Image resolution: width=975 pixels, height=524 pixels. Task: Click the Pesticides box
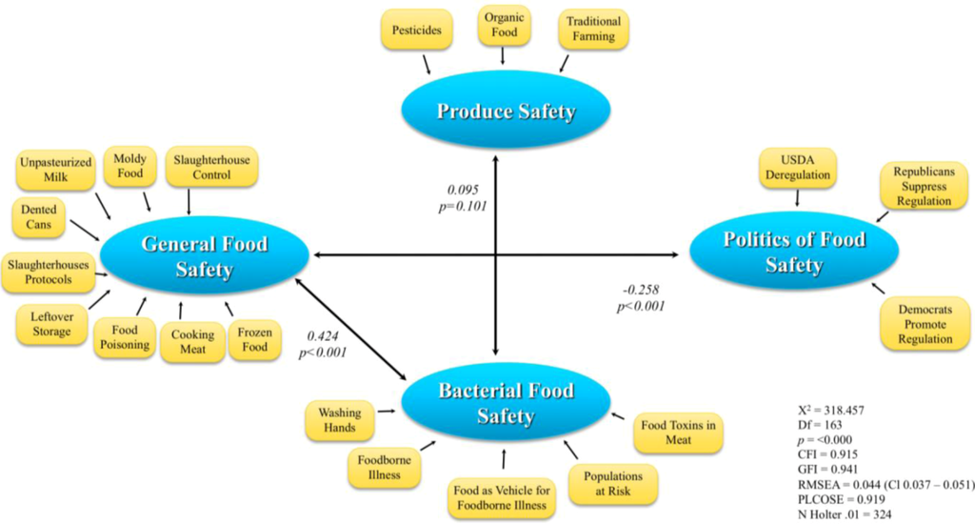point(416,30)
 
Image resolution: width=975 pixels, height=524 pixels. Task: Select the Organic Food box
point(503,26)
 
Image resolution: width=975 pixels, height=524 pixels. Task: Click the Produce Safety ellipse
point(506,111)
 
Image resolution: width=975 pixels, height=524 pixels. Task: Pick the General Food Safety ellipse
point(204,256)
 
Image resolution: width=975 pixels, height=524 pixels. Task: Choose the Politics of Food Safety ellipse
point(792,252)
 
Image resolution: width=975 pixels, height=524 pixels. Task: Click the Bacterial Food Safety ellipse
point(506,403)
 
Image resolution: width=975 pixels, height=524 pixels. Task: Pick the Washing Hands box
point(340,420)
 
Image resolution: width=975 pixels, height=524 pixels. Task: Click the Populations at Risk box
point(612,484)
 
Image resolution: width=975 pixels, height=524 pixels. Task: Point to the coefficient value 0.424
point(322,336)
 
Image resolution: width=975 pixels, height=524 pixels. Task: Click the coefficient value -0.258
point(640,289)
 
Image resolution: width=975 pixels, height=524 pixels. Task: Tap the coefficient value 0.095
point(463,188)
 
